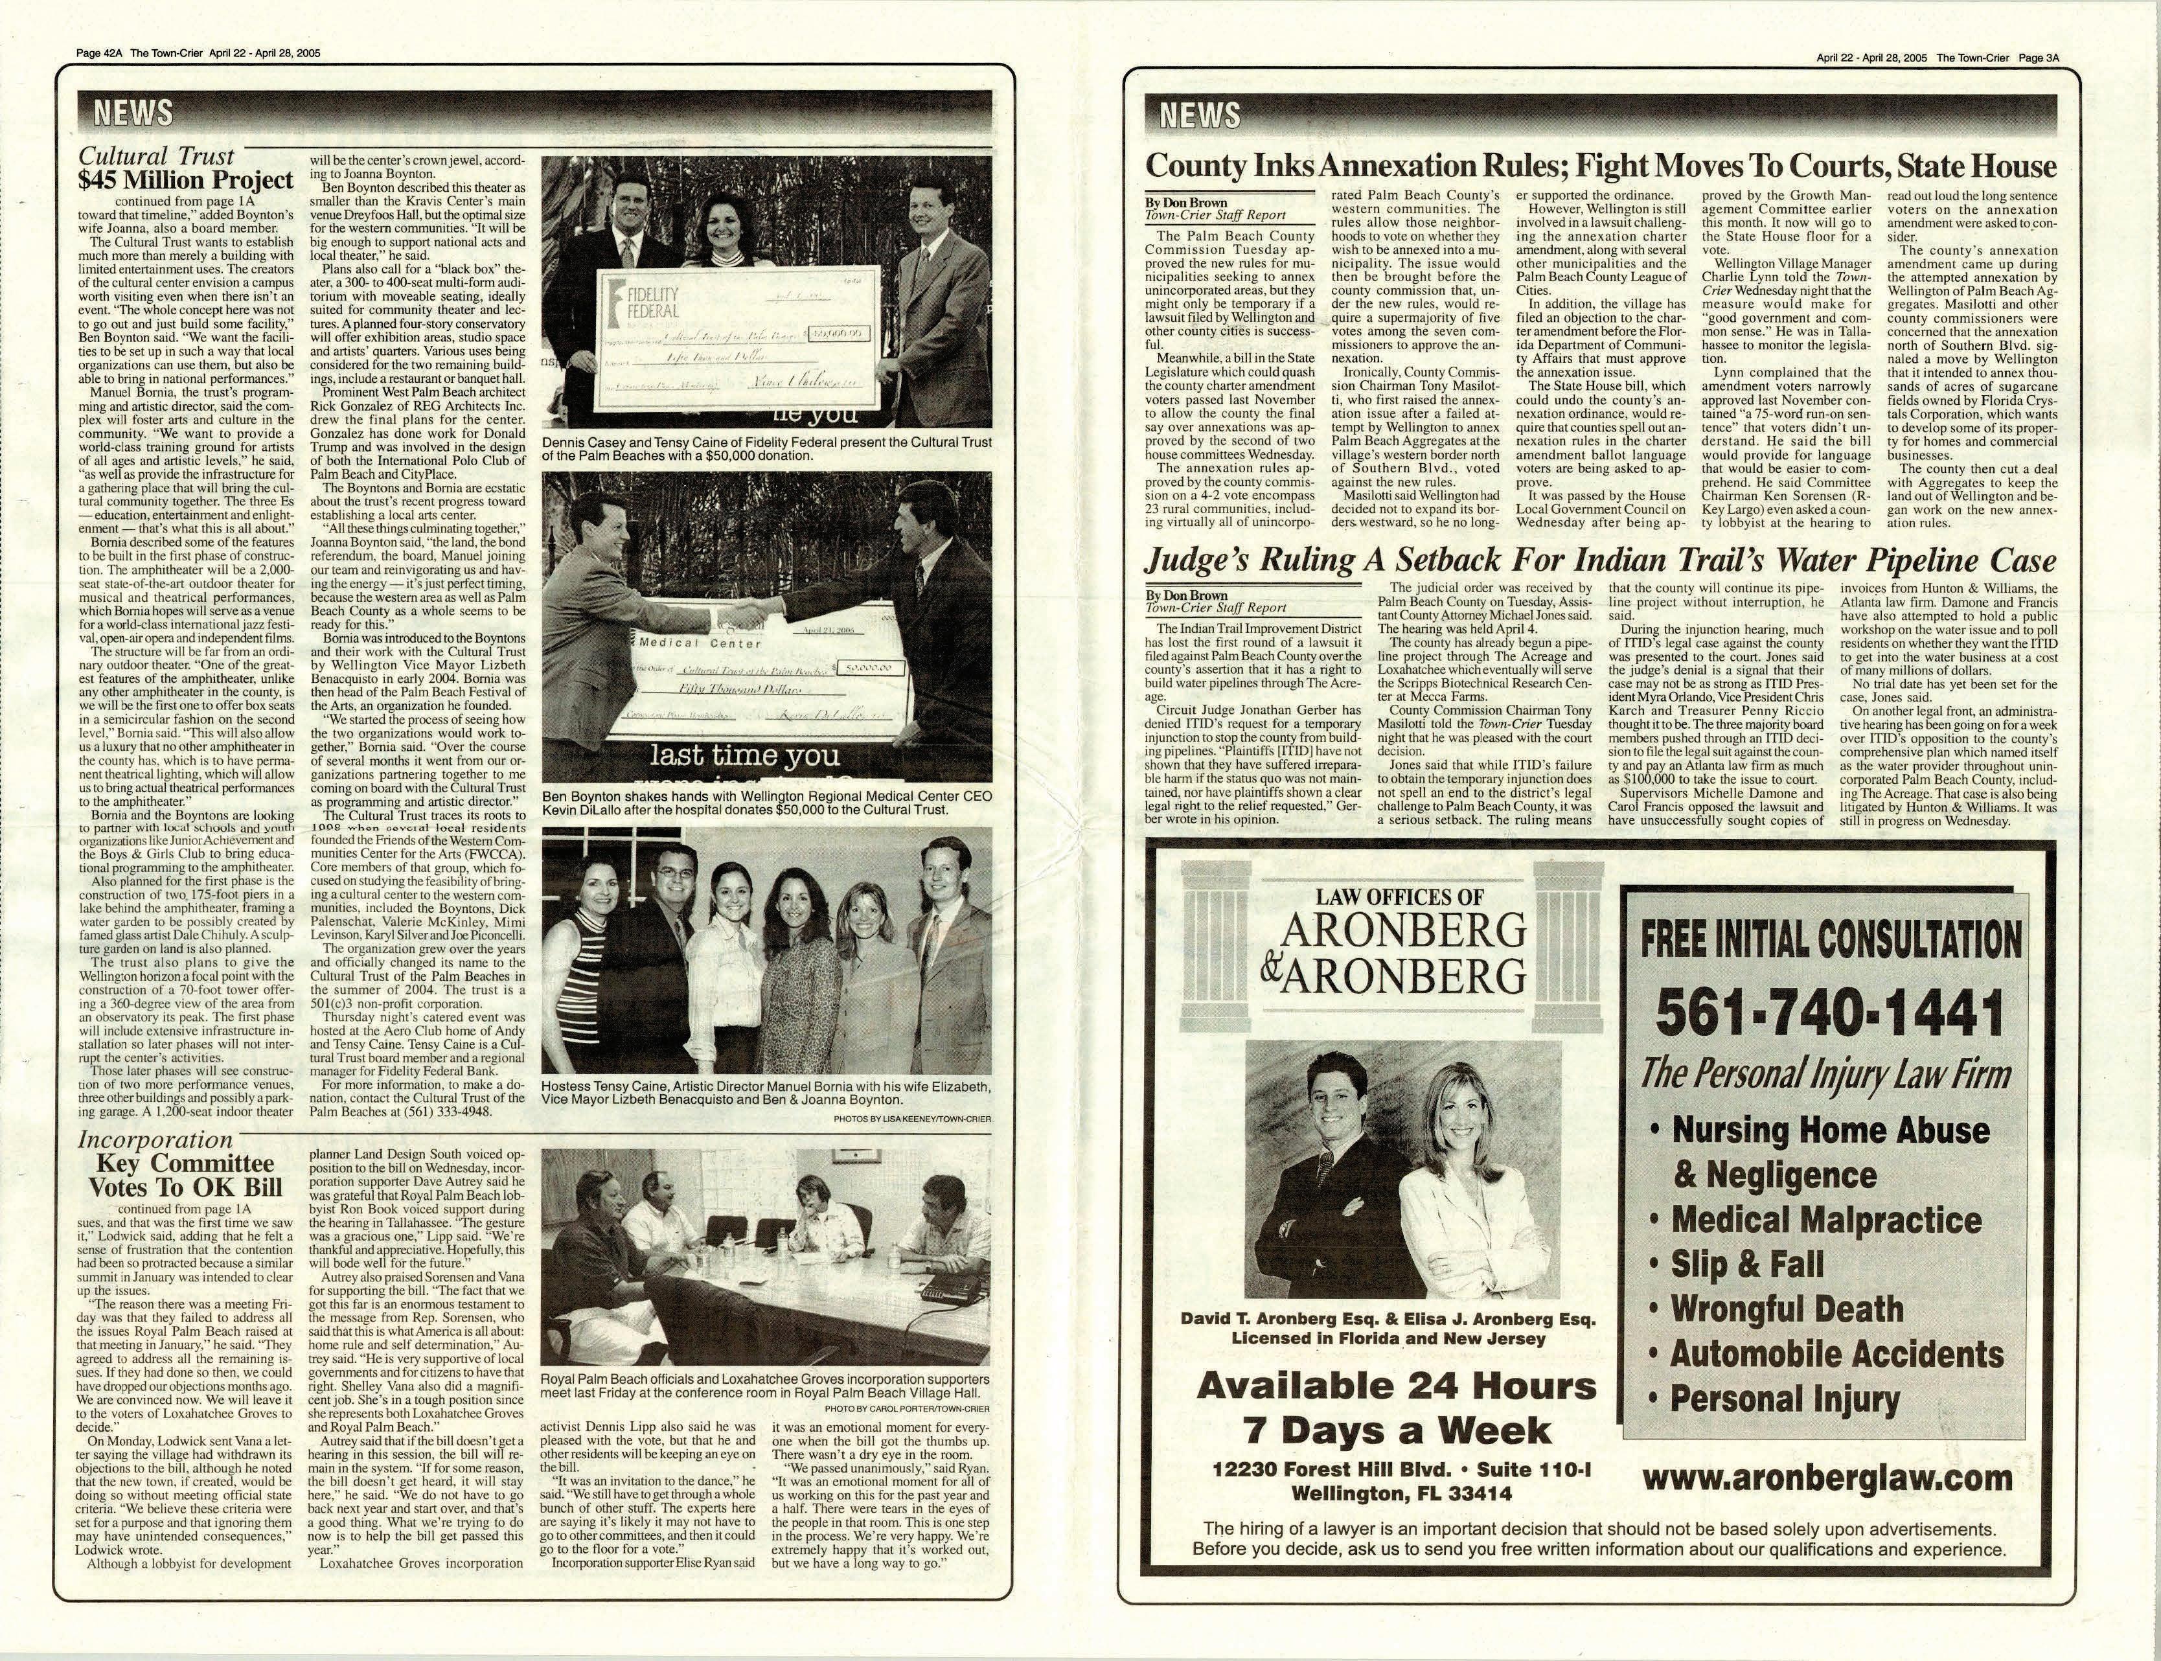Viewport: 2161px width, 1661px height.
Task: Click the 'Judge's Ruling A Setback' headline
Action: [1599, 562]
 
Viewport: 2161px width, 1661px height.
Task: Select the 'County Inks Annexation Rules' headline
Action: [1599, 165]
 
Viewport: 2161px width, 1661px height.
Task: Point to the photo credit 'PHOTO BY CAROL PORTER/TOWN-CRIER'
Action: [906, 1408]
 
